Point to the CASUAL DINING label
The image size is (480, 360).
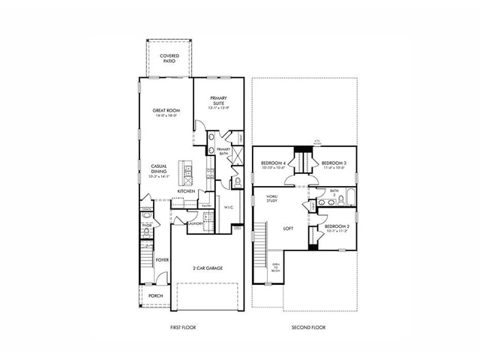(x=158, y=169)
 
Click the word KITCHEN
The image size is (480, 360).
(x=187, y=191)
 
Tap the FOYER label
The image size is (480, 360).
(x=162, y=260)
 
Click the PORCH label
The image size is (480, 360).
(x=155, y=295)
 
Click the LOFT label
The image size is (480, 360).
(x=286, y=229)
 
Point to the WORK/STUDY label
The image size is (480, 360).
(x=272, y=199)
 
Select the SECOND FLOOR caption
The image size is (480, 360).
(x=307, y=327)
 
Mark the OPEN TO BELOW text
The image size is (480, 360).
(x=275, y=268)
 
